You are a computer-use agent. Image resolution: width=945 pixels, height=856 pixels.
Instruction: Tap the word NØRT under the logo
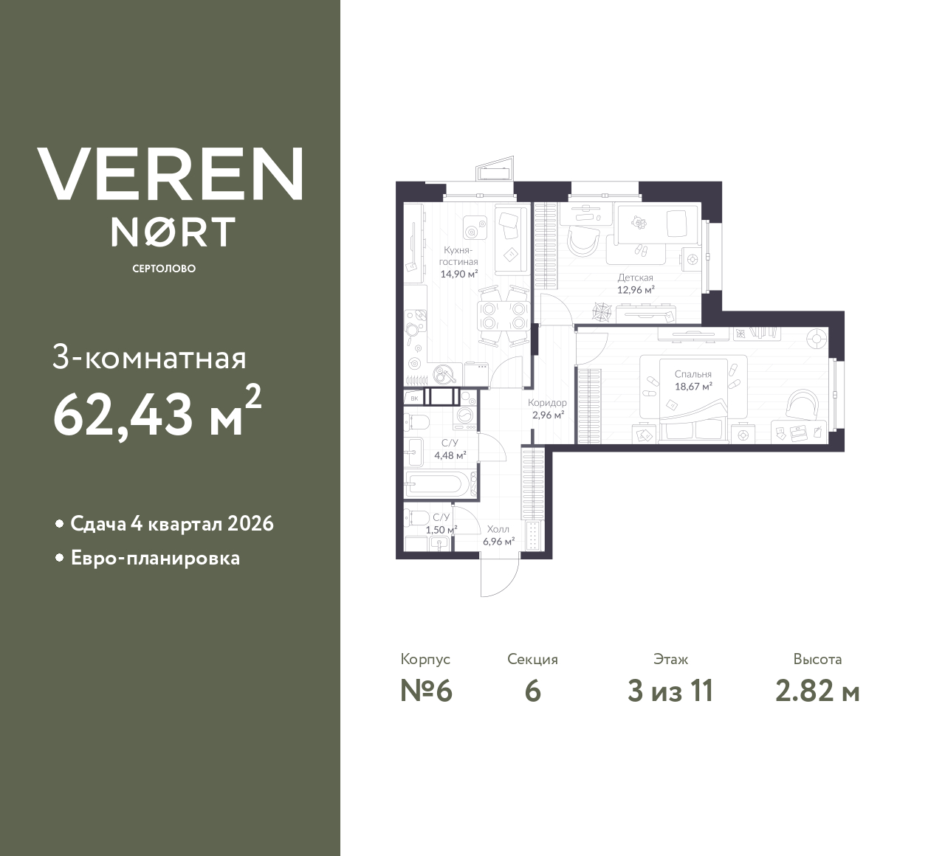pos(173,231)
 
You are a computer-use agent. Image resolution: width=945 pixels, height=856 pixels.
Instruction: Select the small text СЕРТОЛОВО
pos(164,269)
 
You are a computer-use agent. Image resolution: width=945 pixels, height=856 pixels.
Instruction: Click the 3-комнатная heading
pos(150,359)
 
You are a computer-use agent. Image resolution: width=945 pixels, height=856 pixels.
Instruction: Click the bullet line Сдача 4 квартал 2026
pos(171,524)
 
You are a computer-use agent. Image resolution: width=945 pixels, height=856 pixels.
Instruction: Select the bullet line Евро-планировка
pos(154,558)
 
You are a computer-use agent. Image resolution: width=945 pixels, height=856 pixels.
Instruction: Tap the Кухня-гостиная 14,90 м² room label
pos(459,262)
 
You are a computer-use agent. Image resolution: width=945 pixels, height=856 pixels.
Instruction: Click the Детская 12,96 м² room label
pos(636,284)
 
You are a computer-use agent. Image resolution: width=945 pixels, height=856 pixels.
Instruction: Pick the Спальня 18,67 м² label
pos(693,380)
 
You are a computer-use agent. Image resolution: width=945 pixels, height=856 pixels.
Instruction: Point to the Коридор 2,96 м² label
pos(547,409)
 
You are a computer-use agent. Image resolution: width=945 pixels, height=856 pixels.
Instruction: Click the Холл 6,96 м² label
pos(498,535)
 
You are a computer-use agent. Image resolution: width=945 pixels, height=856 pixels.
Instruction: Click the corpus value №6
pos(425,691)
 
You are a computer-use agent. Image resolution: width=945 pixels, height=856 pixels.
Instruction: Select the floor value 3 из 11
pos(670,691)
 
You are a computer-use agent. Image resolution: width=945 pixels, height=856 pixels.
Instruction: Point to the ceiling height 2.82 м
pos(817,691)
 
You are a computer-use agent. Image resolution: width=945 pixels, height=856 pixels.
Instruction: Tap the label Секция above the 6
pos(532,659)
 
